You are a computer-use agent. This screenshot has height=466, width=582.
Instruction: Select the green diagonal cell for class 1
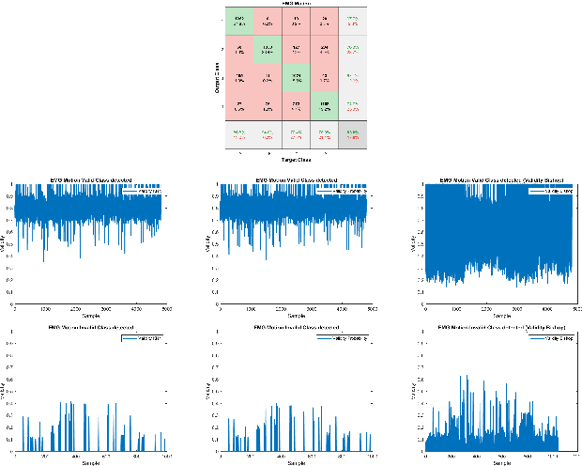(239, 23)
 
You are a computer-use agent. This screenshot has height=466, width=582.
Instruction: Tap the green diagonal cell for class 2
(268, 50)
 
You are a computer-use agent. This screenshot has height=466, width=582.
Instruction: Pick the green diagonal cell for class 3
(297, 78)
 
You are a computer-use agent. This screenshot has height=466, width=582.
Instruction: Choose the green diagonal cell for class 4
(325, 106)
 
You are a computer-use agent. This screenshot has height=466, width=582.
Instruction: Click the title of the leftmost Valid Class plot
(90, 179)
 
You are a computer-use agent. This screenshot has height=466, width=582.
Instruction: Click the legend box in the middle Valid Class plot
(349, 191)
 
